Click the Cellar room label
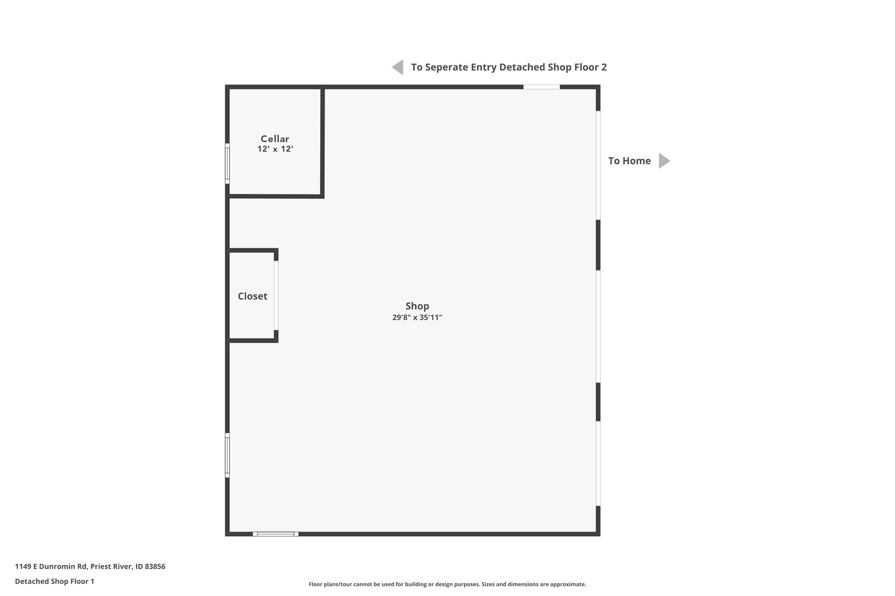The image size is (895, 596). click(x=275, y=139)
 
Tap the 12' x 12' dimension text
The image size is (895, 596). click(x=275, y=149)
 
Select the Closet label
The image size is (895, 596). click(x=253, y=296)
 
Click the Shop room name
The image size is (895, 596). click(x=417, y=306)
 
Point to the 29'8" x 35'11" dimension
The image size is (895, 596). click(x=417, y=317)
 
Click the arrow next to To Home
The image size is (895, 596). click(x=664, y=161)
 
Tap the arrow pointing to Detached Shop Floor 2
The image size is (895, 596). click(x=398, y=67)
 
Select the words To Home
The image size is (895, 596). click(x=629, y=161)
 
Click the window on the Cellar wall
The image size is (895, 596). click(x=227, y=163)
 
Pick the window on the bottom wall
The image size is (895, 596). click(x=275, y=534)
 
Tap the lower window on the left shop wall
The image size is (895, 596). click(x=227, y=455)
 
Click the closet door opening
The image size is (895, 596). click(x=276, y=296)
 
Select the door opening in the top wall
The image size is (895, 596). click(x=541, y=87)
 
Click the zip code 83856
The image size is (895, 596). click(x=155, y=566)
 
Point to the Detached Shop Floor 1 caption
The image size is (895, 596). click(x=55, y=581)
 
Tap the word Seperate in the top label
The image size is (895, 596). click(x=447, y=68)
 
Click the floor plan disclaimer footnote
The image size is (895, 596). click(x=447, y=584)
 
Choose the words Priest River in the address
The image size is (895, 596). click(x=111, y=566)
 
